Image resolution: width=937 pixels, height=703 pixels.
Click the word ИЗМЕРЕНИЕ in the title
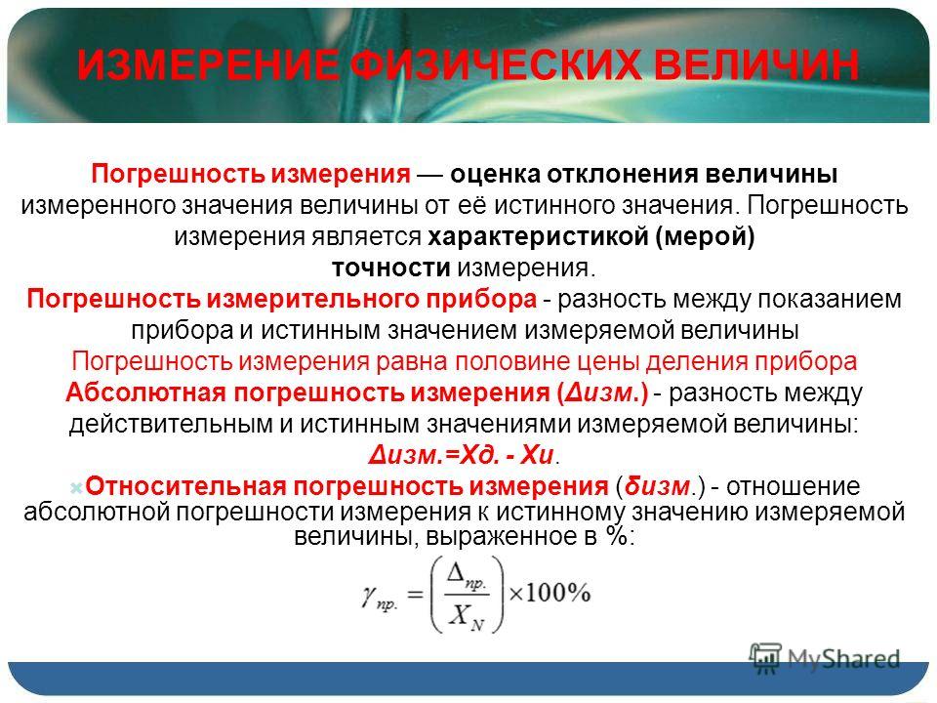[x=207, y=65]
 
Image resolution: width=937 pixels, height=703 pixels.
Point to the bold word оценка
[x=495, y=175]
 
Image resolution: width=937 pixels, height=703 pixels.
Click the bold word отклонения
[x=622, y=175]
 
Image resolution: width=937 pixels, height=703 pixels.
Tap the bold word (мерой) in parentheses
[x=705, y=237]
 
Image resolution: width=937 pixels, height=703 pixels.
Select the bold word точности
[x=390, y=268]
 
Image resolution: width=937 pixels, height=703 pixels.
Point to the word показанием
[x=830, y=299]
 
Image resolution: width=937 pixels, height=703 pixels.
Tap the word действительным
[x=170, y=424]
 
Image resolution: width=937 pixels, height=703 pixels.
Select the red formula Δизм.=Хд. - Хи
[x=462, y=456]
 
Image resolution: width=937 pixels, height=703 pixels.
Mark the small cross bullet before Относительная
[x=76, y=488]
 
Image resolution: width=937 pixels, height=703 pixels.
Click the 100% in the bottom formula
[x=558, y=593]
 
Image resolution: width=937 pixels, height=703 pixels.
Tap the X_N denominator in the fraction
[x=468, y=616]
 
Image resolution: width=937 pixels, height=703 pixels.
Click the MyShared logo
[x=825, y=658]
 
